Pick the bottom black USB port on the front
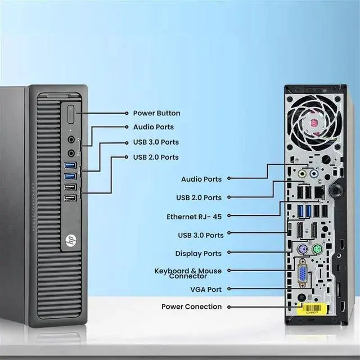tap(70, 198)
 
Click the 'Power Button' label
tap(156, 113)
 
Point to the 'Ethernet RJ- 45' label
tap(194, 216)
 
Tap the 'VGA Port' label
tap(206, 289)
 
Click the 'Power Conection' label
tap(192, 307)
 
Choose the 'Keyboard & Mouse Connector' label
tap(188, 273)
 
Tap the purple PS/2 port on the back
tap(302, 250)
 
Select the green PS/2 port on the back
tap(317, 250)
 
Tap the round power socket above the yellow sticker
tap(302, 299)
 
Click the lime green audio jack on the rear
tap(302, 174)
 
